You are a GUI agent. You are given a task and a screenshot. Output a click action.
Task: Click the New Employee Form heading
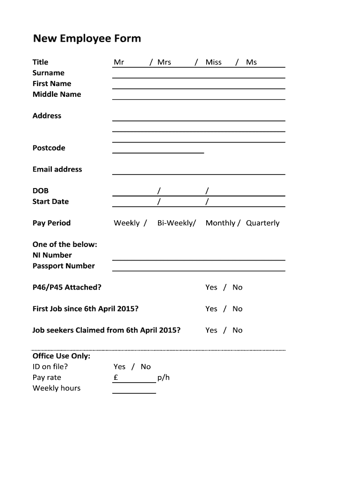[86, 38]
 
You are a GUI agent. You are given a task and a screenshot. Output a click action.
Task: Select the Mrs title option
[164, 62]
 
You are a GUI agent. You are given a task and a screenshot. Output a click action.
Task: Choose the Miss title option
[213, 62]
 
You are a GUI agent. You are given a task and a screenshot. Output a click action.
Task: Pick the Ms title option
[252, 62]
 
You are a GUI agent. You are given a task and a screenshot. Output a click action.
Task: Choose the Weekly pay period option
[127, 223]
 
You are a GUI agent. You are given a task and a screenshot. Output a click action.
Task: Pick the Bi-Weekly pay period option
[176, 223]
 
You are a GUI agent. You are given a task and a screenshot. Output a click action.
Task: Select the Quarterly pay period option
[263, 223]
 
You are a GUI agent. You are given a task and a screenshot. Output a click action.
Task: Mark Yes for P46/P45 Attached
[211, 287]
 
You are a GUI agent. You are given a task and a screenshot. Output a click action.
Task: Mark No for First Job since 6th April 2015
[238, 309]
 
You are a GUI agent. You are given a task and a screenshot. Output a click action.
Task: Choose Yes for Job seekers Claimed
[211, 330]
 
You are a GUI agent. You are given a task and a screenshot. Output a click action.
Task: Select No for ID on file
[146, 367]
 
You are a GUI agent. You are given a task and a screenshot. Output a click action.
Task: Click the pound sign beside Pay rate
[115, 377]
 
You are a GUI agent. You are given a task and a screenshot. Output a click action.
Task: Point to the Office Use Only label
[61, 356]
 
